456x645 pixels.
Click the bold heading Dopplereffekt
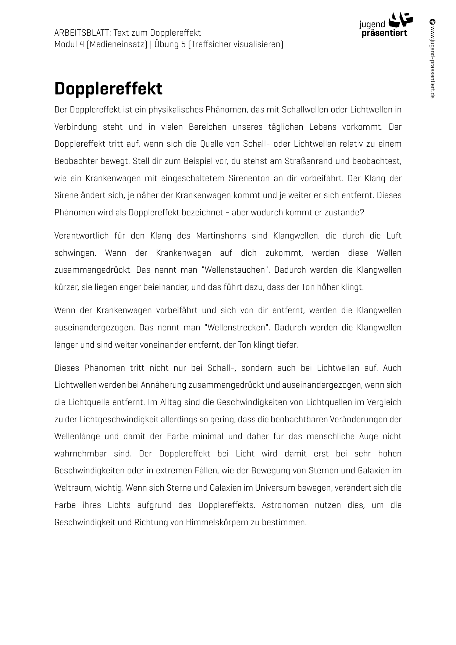click(108, 89)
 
